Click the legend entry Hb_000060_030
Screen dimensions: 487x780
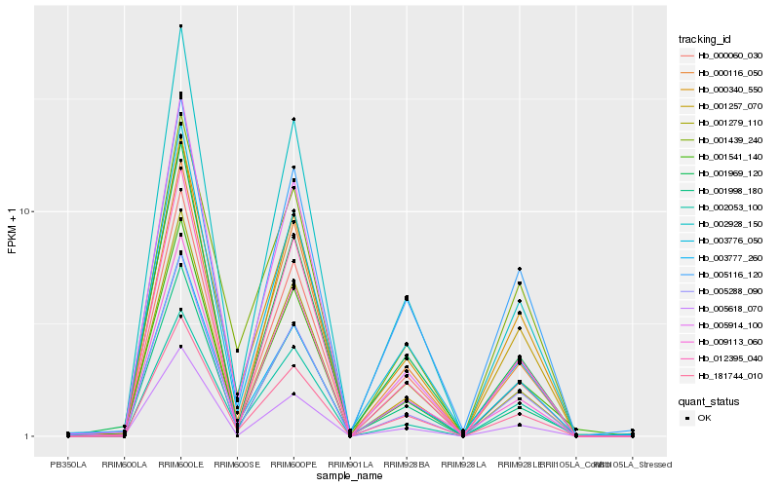[722, 56]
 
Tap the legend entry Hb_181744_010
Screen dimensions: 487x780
[722, 375]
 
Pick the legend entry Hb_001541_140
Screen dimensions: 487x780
[722, 157]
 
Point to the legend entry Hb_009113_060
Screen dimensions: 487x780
[722, 342]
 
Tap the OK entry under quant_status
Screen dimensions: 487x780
[704, 418]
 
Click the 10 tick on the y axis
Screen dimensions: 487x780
[28, 212]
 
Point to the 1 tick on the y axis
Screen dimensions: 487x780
[30, 436]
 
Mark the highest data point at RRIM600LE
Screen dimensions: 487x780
[180, 26]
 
